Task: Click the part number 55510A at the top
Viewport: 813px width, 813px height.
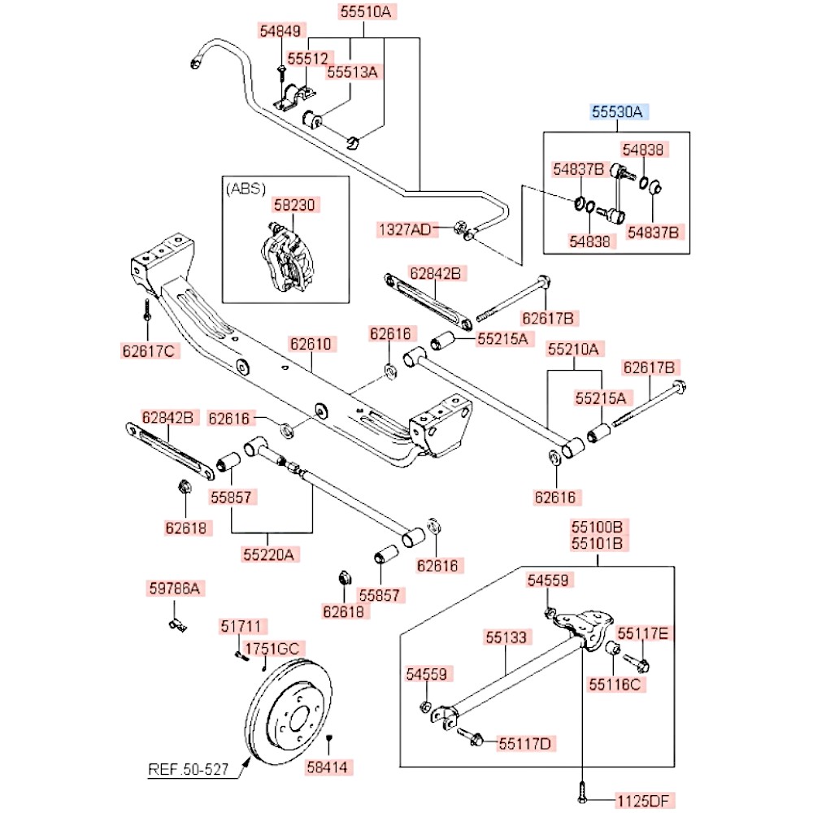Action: tap(364, 11)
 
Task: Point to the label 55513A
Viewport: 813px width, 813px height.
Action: tap(353, 72)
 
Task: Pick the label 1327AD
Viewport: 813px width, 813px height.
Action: tap(404, 229)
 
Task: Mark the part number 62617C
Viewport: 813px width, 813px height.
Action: tap(147, 351)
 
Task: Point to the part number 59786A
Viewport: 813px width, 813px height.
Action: tap(173, 587)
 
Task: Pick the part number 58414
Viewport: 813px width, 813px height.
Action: tap(330, 765)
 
